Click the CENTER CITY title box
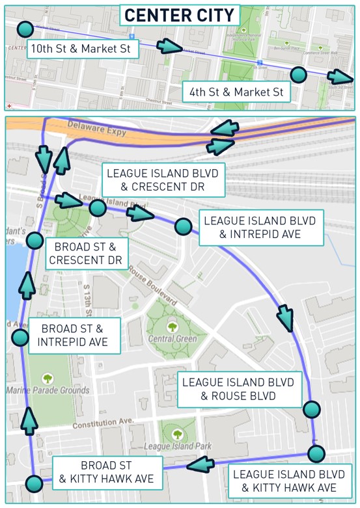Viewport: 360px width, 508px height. click(180, 16)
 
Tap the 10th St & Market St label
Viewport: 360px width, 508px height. click(83, 49)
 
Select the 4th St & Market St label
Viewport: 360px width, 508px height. click(236, 92)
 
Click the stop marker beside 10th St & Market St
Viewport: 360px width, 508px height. click(25, 29)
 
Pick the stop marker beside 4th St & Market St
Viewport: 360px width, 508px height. click(298, 74)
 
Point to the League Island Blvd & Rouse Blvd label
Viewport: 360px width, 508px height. click(238, 389)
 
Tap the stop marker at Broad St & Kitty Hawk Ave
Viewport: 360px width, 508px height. click(34, 483)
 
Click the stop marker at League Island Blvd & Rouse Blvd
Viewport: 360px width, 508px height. click(312, 409)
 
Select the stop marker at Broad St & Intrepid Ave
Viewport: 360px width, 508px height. click(20, 337)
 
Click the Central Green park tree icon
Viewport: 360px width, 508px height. click(173, 327)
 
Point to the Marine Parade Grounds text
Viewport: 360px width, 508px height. click(48, 390)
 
